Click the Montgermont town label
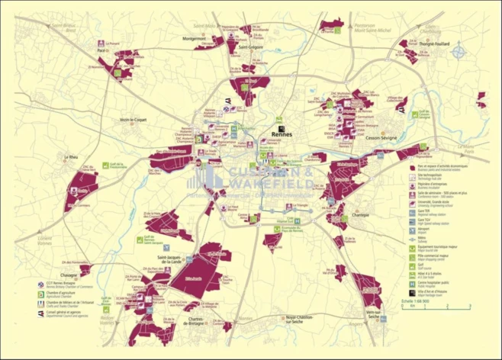coord(195,38)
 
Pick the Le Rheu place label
coord(72,157)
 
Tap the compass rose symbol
coord(459,52)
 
